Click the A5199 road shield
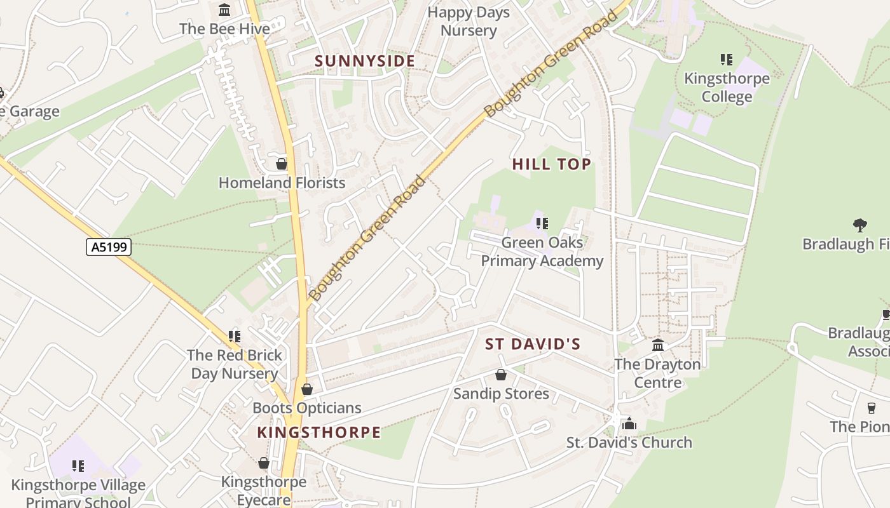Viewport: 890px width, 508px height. [x=109, y=246]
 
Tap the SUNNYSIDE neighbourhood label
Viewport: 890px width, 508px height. [x=365, y=61]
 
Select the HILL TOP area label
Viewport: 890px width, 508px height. [x=552, y=164]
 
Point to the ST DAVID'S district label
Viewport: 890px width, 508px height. [x=533, y=344]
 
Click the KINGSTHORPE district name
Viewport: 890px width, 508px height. [x=318, y=432]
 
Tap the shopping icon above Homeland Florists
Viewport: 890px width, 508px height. [x=282, y=164]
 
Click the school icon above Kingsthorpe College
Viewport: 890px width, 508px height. [x=727, y=60]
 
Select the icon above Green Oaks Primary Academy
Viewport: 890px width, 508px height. [x=542, y=224]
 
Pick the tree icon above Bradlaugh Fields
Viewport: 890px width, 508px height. [x=860, y=225]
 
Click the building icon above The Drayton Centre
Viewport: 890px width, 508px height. [x=658, y=345]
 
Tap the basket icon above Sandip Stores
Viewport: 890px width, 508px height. [x=501, y=375]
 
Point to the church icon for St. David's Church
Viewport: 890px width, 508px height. [x=629, y=424]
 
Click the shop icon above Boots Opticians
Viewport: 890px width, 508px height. [x=307, y=389]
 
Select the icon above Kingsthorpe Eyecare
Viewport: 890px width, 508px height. [x=264, y=464]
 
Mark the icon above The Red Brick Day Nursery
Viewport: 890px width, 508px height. [x=235, y=336]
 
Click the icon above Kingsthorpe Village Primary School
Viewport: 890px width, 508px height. [x=78, y=467]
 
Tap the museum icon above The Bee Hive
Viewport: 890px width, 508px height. [x=224, y=10]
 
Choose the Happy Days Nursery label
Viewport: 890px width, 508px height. [x=469, y=21]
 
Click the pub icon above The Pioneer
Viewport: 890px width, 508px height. [x=872, y=408]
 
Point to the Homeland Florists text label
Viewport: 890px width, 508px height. [x=282, y=183]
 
